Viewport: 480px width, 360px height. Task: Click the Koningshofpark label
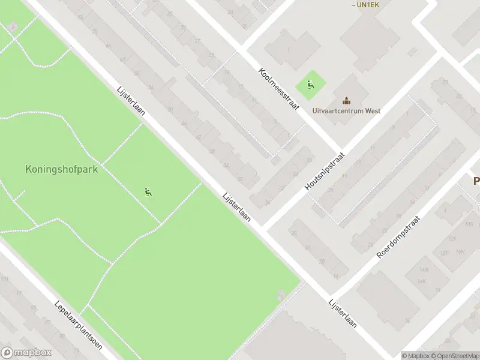tap(61, 169)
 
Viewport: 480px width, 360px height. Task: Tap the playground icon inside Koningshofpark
tap(148, 192)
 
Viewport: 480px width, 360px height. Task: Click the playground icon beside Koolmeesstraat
tap(310, 85)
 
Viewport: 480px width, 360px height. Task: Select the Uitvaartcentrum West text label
tap(346, 111)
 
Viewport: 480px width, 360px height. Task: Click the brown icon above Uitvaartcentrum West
tap(346, 100)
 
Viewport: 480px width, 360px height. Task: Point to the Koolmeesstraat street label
tap(278, 88)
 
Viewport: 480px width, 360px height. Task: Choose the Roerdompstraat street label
tap(399, 238)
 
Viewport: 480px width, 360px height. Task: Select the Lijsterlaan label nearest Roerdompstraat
tap(343, 313)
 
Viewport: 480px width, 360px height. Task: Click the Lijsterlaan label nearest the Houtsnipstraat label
tap(236, 208)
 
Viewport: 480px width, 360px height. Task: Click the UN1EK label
tap(365, 5)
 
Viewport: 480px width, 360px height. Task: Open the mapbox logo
tap(26, 353)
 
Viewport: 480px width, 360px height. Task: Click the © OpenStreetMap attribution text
tap(454, 356)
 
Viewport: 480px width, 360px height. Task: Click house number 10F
tap(445, 252)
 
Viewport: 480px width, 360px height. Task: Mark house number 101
tap(4, 280)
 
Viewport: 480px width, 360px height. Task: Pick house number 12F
tap(453, 239)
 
